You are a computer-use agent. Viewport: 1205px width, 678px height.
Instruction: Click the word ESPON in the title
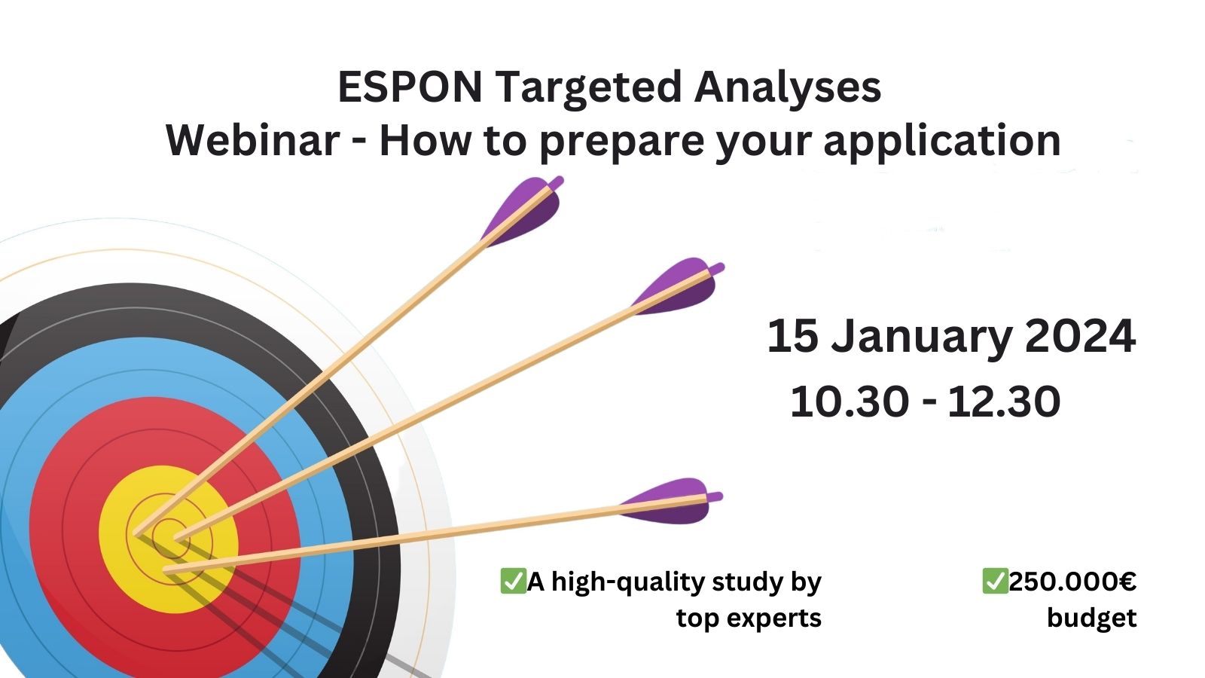coord(410,87)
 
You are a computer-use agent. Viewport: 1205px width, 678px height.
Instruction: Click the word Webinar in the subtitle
coord(252,140)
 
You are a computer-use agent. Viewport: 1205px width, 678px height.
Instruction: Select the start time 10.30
coord(850,402)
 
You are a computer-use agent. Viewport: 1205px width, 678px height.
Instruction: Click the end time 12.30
coord(1004,402)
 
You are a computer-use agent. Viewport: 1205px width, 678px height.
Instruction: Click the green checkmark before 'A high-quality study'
coord(513,581)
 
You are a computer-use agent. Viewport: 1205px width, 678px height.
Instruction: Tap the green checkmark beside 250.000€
coord(995,581)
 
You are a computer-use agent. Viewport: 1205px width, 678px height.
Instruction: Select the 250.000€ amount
coord(1072,582)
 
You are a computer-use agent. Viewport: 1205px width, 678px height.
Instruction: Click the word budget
coord(1091,618)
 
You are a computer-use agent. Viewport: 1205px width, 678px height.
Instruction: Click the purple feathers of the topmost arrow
coord(523,210)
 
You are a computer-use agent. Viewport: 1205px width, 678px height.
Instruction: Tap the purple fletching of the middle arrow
coord(678,286)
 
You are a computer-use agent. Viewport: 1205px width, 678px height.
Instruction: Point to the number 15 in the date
coord(793,336)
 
